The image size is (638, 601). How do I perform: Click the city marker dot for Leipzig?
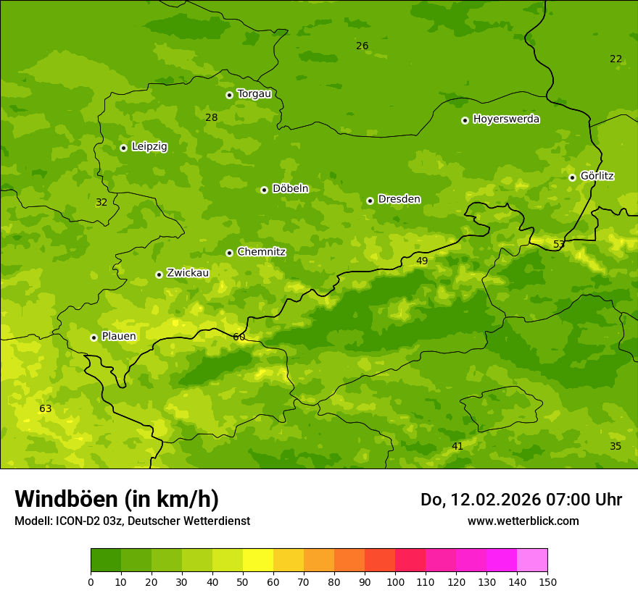click(x=123, y=148)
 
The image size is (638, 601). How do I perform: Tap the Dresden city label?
click(x=399, y=199)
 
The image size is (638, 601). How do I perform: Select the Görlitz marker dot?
click(x=572, y=177)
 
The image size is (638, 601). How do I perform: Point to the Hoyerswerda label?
click(x=506, y=119)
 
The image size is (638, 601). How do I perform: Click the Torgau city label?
click(x=254, y=94)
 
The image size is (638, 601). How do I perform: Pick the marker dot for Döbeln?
click(x=264, y=190)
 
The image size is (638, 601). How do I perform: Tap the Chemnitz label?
click(x=261, y=252)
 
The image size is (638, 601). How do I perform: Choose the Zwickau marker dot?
click(x=159, y=274)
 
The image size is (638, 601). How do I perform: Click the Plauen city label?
click(x=118, y=337)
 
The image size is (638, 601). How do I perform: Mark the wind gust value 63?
click(x=46, y=409)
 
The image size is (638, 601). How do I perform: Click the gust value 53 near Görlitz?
click(x=559, y=245)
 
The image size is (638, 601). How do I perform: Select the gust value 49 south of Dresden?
click(x=422, y=261)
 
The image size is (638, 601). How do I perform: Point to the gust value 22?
click(x=616, y=59)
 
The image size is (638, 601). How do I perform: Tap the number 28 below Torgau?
click(x=211, y=118)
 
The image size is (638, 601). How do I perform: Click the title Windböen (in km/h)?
click(x=117, y=499)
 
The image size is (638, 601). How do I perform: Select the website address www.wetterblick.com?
click(x=523, y=521)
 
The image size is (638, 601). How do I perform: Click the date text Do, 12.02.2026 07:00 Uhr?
click(x=521, y=500)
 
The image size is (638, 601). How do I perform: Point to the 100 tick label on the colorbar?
click(x=395, y=581)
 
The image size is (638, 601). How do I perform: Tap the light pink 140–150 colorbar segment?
click(x=532, y=560)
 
